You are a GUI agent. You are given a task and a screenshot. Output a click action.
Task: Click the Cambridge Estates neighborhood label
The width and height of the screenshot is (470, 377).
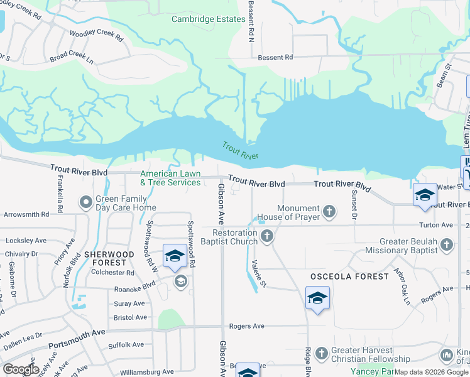(209, 19)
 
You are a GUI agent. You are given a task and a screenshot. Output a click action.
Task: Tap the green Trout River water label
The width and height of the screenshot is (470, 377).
(240, 150)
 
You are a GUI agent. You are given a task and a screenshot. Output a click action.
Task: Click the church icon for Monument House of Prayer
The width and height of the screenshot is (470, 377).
(329, 211)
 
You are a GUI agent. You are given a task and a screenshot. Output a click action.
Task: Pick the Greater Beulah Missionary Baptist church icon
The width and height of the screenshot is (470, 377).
(446, 244)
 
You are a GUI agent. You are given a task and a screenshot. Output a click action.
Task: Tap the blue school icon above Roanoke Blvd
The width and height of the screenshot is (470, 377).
(175, 256)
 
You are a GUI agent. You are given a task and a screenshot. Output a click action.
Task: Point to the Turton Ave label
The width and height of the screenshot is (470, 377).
(439, 224)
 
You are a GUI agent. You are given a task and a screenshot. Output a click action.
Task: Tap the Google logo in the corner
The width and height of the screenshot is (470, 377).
(20, 369)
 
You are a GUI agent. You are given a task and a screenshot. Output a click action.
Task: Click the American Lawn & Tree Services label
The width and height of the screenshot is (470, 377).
(170, 178)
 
